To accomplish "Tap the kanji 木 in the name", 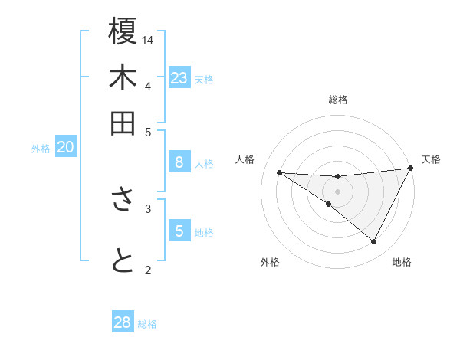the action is [123, 78].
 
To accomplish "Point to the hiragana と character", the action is [123, 261].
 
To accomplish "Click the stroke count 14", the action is [149, 39].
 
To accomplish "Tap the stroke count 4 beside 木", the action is [148, 85].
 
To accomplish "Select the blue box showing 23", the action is [179, 77].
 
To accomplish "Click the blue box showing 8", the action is [179, 162].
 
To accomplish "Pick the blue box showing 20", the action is [66, 147].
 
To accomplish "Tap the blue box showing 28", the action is [123, 322].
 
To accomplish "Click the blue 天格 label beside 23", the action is [204, 79].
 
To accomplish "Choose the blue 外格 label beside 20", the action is [41, 149].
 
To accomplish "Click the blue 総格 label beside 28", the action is [147, 324].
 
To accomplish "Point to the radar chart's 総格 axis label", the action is [338, 100].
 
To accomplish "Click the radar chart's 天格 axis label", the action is [431, 159].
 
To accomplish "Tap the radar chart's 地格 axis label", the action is [402, 262].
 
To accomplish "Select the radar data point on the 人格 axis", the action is [280, 172].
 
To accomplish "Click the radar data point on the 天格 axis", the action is [411, 169].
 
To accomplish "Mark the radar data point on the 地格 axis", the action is [374, 242].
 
